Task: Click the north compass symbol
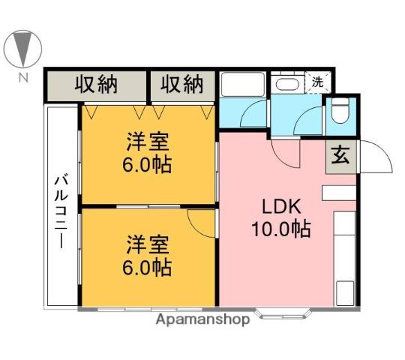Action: (x=22, y=49)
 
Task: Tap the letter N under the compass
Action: (x=23, y=77)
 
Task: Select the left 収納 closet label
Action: (x=96, y=84)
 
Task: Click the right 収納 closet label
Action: (x=181, y=84)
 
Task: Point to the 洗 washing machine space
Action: (x=318, y=82)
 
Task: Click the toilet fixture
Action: (x=340, y=112)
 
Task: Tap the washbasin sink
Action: (x=287, y=84)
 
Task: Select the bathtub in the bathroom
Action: (x=242, y=85)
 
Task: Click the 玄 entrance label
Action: (x=340, y=155)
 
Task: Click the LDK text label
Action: (x=281, y=206)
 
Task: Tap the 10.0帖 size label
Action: (x=281, y=229)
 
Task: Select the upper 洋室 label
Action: (x=148, y=142)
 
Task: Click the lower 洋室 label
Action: (x=148, y=244)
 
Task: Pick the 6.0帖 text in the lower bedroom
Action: (x=147, y=268)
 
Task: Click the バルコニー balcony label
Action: (x=61, y=211)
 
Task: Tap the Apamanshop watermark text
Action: (x=202, y=319)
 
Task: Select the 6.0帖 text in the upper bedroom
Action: (x=147, y=164)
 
